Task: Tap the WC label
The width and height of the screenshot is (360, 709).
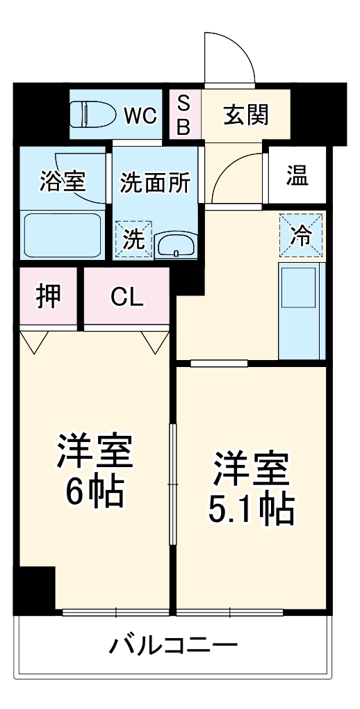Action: click(141, 115)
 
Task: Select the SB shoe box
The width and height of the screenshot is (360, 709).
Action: click(184, 115)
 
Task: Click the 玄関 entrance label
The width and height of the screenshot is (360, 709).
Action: click(245, 115)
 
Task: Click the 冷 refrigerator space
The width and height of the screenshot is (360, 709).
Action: click(302, 235)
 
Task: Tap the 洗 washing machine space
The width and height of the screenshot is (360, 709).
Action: click(133, 240)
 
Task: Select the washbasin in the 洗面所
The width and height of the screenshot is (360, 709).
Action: click(176, 245)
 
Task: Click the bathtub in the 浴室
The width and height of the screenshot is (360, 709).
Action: click(63, 236)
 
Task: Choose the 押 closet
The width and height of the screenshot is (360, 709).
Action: click(48, 297)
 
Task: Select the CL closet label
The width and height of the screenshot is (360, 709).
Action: click(127, 298)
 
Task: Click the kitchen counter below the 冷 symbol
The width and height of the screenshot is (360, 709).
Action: click(302, 309)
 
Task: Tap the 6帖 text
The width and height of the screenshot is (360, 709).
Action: click(95, 492)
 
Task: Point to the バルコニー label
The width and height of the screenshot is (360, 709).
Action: click(173, 646)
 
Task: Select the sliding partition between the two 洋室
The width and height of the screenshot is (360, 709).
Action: click(173, 483)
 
